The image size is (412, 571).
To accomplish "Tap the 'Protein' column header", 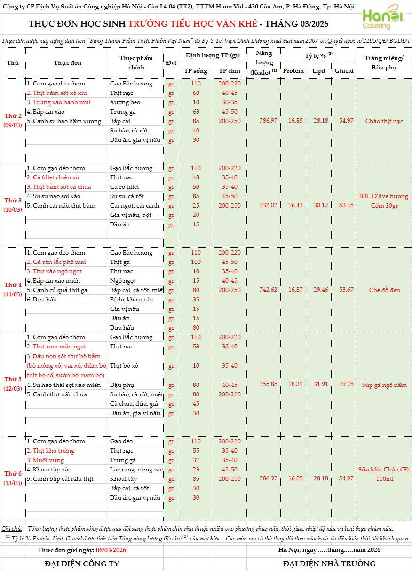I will click(293, 71).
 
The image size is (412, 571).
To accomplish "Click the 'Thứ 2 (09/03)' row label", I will click(13, 121).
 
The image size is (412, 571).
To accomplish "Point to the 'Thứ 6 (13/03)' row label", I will click(13, 478).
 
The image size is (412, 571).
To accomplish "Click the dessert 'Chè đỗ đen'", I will click(384, 290).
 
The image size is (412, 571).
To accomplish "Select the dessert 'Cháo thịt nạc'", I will click(384, 121).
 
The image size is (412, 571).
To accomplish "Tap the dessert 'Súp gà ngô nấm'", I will click(384, 385).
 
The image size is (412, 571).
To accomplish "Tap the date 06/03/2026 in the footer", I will click(111, 550).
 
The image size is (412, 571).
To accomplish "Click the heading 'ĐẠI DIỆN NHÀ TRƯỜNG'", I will click(329, 563).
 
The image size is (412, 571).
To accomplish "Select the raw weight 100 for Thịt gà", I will click(196, 262).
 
